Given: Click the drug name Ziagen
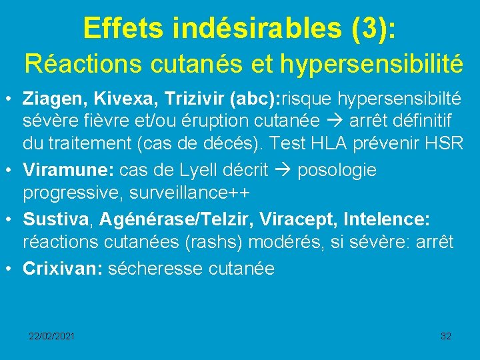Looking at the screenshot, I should tap(51, 99).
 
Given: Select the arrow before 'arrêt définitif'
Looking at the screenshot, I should tap(337, 121).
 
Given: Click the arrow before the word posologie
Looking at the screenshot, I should tap(283, 170).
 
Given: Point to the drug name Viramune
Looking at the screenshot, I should tap(69, 170).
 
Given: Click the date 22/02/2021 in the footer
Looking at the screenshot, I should tap(51, 336).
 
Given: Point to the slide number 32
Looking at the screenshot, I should tap(446, 336).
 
